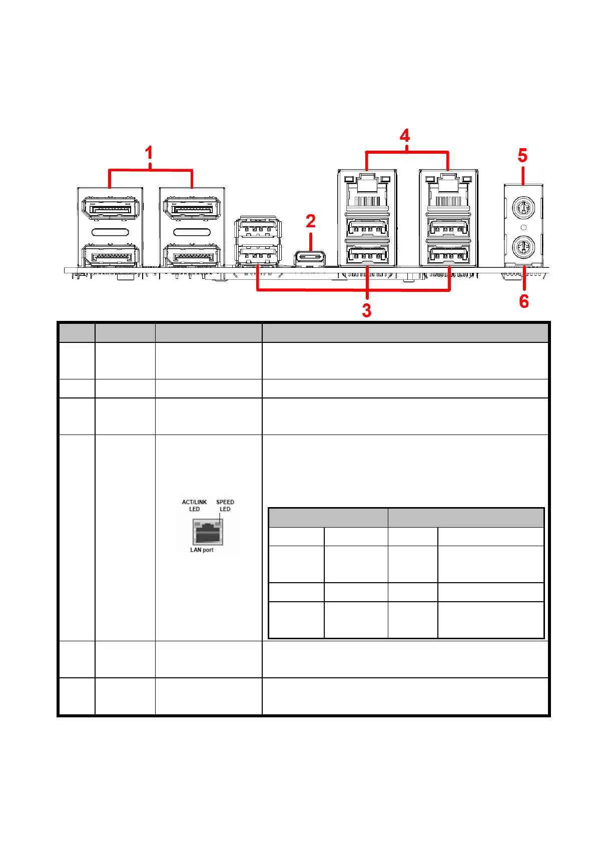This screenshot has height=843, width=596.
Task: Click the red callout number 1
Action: [149, 153]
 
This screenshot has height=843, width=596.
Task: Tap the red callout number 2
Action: [311, 221]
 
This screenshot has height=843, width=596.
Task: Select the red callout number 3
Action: [367, 311]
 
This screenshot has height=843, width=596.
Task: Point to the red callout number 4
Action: [405, 136]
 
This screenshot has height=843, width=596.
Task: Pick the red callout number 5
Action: [522, 156]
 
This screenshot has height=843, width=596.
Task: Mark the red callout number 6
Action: [524, 301]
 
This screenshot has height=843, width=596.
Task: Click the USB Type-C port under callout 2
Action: [310, 258]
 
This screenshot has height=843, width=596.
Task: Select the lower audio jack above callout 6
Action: [523, 247]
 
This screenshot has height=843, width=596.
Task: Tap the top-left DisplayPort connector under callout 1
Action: [110, 208]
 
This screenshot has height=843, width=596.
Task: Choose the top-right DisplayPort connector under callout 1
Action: [192, 208]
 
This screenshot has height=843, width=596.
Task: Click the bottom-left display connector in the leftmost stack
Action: [110, 256]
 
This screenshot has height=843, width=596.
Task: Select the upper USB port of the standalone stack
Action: [258, 229]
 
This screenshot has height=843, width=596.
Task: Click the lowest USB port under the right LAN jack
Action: [448, 256]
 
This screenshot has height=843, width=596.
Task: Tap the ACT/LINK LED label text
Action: [194, 505]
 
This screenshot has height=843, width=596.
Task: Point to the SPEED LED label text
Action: [225, 505]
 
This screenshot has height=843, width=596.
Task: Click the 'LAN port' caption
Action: [202, 550]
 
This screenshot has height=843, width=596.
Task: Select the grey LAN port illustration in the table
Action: [208, 532]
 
